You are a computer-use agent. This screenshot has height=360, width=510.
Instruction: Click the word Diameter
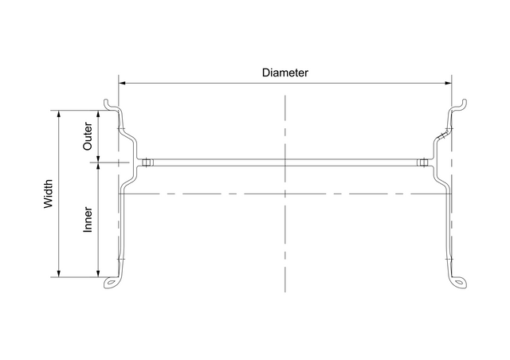285,72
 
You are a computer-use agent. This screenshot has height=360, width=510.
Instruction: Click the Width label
49,194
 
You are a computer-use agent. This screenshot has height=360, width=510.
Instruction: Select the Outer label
88,135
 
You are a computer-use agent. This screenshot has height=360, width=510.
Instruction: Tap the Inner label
88,221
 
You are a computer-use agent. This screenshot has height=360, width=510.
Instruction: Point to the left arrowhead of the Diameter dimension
122,82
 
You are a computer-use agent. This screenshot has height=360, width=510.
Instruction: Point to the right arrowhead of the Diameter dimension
448,82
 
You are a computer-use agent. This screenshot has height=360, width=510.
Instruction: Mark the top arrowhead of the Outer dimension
98,113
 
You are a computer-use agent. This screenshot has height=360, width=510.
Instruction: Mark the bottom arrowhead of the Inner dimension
98,274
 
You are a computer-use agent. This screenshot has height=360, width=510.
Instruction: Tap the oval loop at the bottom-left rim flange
111,282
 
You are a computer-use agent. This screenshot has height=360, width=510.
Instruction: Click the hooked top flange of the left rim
110,104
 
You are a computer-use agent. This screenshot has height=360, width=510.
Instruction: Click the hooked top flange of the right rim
460,104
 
